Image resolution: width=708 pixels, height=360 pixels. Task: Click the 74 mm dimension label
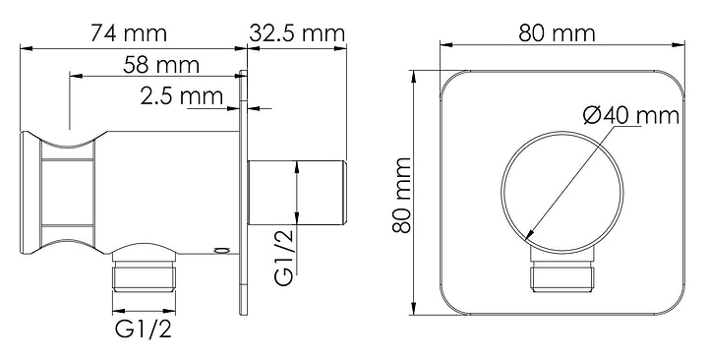(129, 33)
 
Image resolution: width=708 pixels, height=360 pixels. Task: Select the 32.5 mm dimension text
(297, 33)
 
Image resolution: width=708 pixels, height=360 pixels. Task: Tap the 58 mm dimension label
(160, 65)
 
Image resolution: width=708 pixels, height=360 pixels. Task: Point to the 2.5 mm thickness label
(182, 96)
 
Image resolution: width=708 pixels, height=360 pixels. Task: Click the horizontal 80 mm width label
(557, 33)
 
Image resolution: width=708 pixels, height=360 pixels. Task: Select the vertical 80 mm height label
(401, 195)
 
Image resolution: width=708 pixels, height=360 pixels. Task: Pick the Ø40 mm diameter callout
(631, 116)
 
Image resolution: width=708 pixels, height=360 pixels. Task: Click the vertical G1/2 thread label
(284, 257)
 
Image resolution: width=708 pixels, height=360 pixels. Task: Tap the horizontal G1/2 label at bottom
(144, 330)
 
